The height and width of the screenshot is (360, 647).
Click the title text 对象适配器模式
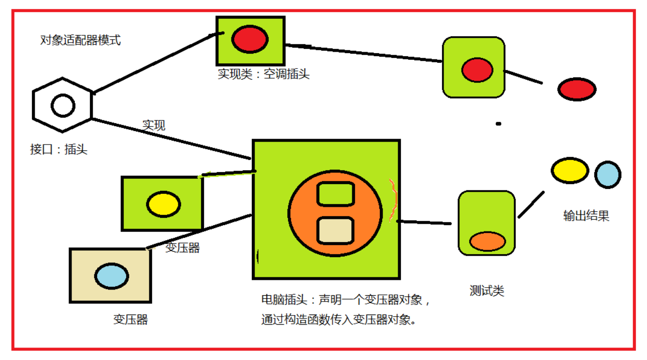(x=80, y=40)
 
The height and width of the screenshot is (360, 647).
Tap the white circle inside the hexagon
(x=63, y=105)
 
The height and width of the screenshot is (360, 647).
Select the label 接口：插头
(x=58, y=149)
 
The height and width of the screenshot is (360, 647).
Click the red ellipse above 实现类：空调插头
(x=249, y=39)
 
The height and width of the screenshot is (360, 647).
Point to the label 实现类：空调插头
(x=263, y=74)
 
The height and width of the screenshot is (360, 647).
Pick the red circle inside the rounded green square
(x=477, y=70)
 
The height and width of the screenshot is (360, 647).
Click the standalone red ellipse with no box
(x=576, y=89)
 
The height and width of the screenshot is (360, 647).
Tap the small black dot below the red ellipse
(x=498, y=124)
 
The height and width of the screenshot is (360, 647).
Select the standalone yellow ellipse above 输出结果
(x=570, y=171)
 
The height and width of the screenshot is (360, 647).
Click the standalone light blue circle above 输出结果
(x=607, y=174)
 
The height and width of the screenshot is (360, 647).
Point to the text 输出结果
(x=586, y=216)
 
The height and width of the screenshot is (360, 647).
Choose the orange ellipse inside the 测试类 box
(x=488, y=241)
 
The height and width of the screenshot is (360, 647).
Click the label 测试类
(x=487, y=291)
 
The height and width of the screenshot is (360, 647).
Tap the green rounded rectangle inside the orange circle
(x=336, y=194)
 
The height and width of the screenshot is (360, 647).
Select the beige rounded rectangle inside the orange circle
(x=336, y=230)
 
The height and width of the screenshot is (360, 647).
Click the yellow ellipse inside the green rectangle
(x=163, y=204)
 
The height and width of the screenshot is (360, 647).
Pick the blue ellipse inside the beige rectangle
(x=112, y=276)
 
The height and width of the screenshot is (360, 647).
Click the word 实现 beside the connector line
(x=154, y=126)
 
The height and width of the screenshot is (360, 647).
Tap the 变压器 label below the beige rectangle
(x=130, y=319)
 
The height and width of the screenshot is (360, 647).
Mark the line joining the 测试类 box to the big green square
(x=424, y=222)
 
